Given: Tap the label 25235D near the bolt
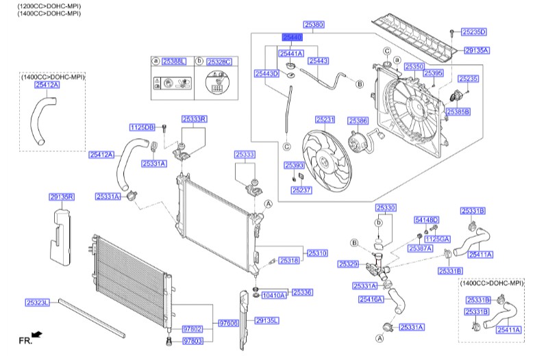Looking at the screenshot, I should (x=473, y=31).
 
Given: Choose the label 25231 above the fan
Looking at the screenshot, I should (x=325, y=120).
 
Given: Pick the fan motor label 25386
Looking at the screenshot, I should (x=358, y=120).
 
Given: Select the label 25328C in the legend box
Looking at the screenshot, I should (x=219, y=62).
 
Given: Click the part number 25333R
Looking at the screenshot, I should (x=194, y=119).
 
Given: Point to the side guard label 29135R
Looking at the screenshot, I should (x=61, y=197).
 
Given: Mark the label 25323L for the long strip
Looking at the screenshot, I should (x=38, y=302).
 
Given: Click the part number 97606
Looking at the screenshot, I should (x=229, y=322).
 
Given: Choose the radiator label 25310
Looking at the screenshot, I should (x=316, y=253).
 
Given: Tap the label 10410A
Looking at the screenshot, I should (x=274, y=295).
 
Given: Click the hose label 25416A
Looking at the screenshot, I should (x=371, y=299).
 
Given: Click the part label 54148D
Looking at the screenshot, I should (x=426, y=220).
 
